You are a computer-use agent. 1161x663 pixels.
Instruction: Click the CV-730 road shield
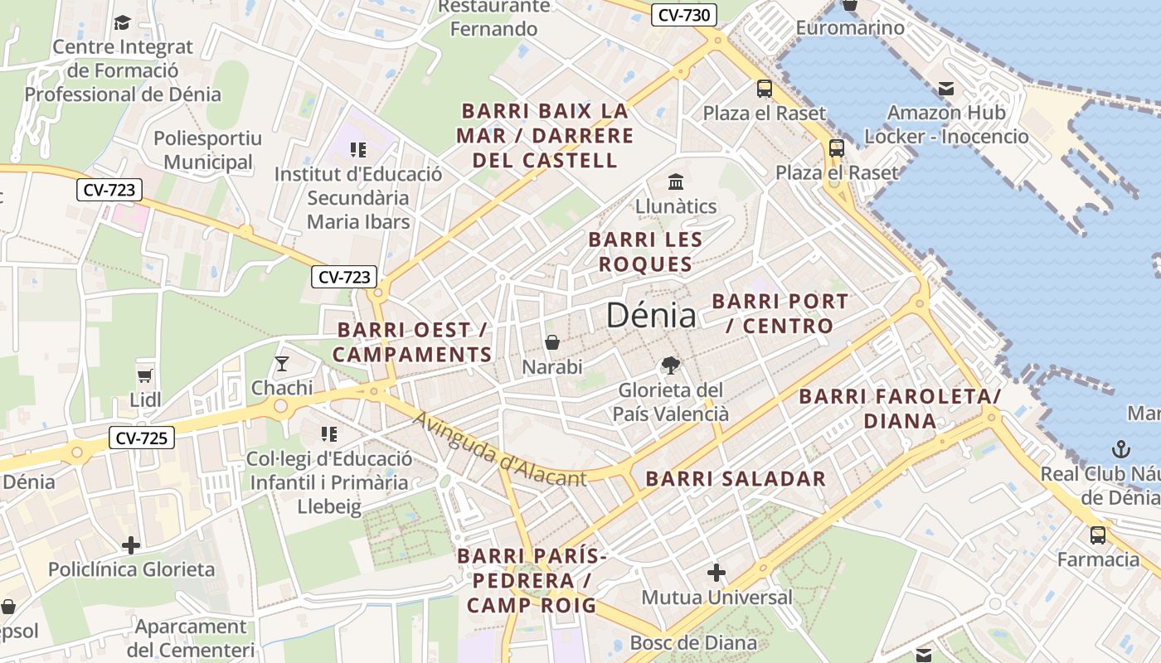coord(684,15)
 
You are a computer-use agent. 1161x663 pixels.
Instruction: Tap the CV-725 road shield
coord(142,438)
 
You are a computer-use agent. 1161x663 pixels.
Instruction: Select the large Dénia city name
coord(651,316)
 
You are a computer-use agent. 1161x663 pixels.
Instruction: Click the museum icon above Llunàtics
coord(676,181)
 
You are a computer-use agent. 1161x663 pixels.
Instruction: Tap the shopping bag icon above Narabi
coord(552,342)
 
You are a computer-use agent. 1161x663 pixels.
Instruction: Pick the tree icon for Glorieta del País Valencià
coord(670,365)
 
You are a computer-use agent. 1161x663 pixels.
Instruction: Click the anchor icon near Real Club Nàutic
coord(1120,450)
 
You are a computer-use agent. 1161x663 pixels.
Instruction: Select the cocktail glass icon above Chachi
coord(282,364)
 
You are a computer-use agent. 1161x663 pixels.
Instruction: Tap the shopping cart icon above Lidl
coord(145,375)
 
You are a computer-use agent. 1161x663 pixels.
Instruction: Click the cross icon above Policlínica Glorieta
coord(131,545)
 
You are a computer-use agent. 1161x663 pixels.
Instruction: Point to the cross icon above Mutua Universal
coord(717,573)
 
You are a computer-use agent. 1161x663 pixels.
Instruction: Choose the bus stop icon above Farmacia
coord(1098,535)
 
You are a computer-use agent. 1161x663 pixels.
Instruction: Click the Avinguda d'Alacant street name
coord(500,450)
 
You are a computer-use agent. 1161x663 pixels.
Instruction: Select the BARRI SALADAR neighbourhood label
coord(736,479)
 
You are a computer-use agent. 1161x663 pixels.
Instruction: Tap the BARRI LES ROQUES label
coord(645,252)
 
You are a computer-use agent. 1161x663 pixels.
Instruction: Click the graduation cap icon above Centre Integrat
coord(123,22)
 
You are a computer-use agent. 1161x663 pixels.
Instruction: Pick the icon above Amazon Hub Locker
coord(946,89)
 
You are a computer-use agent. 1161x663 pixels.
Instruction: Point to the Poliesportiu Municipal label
coord(207,150)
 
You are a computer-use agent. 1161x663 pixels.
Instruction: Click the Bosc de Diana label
coord(693,642)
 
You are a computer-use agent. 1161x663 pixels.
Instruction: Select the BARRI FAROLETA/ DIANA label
coord(900,409)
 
